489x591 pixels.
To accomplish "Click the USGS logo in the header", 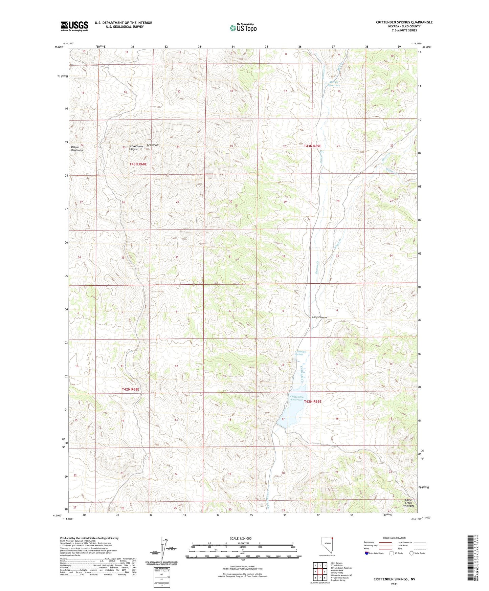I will pyautogui.click(x=74, y=26).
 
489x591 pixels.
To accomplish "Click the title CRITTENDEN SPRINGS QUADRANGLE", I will pyautogui.click(x=404, y=22).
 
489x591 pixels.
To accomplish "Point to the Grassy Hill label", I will pyautogui.click(x=153, y=145).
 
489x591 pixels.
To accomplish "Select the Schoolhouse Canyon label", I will pyautogui.click(x=135, y=148).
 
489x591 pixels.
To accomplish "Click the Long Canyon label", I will pyautogui.click(x=319, y=318).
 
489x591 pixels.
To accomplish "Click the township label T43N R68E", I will pyautogui.click(x=138, y=164).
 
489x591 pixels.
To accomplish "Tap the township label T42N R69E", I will pyautogui.click(x=312, y=402).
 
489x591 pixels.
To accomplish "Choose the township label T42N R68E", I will pyautogui.click(x=131, y=390).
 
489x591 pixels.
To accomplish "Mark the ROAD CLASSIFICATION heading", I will pyautogui.click(x=394, y=538).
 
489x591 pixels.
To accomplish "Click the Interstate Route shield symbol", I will pyautogui.click(x=367, y=553).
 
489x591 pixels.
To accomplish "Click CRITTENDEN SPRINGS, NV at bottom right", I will pyautogui.click(x=394, y=579).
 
